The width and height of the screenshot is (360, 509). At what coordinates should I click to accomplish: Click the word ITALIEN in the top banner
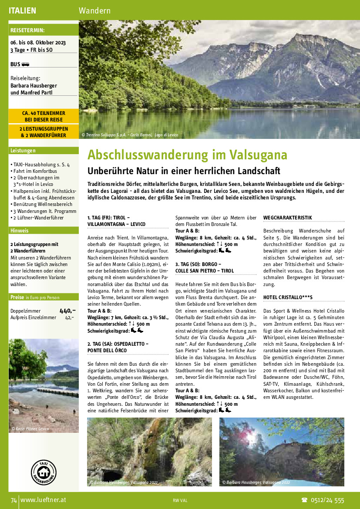[x=22, y=10]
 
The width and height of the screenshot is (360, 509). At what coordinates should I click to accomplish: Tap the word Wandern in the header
[x=94, y=10]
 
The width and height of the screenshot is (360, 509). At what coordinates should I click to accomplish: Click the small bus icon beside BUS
[x=26, y=64]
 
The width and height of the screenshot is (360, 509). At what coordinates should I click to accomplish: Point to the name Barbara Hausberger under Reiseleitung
[x=34, y=86]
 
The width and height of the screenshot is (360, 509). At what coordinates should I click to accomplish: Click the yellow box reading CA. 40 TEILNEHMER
[x=44, y=116]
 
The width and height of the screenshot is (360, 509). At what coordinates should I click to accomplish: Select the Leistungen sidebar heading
[x=23, y=151]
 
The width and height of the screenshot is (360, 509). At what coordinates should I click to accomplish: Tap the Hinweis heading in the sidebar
[x=20, y=230]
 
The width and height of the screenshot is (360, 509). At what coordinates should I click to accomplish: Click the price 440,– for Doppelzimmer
[x=67, y=311]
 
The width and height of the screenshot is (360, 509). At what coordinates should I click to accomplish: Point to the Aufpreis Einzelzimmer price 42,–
[x=69, y=317]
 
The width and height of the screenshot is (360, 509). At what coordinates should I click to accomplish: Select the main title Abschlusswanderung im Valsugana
[x=187, y=155]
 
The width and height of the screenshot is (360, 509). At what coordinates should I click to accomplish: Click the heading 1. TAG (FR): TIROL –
[x=109, y=217]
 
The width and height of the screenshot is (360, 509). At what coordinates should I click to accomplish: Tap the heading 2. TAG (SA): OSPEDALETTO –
[x=118, y=344]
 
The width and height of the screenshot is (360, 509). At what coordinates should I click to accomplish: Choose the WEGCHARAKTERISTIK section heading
[x=288, y=217]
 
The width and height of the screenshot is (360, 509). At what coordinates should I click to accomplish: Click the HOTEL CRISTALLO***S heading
[x=288, y=297]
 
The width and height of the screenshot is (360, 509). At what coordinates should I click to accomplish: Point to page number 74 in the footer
[x=13, y=500]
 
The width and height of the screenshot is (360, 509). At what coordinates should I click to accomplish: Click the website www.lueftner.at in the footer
[x=43, y=500]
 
